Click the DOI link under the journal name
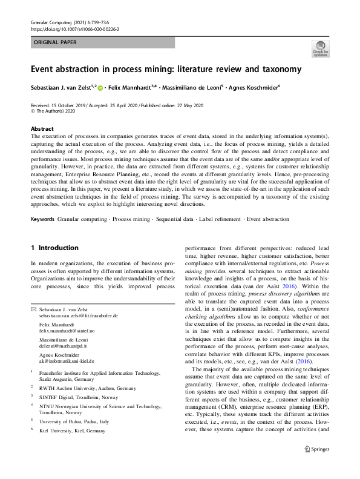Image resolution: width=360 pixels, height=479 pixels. pos(74,28)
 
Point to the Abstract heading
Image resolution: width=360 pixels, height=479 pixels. pos(42,129)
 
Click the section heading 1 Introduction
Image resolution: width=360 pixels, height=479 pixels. pos(54,248)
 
